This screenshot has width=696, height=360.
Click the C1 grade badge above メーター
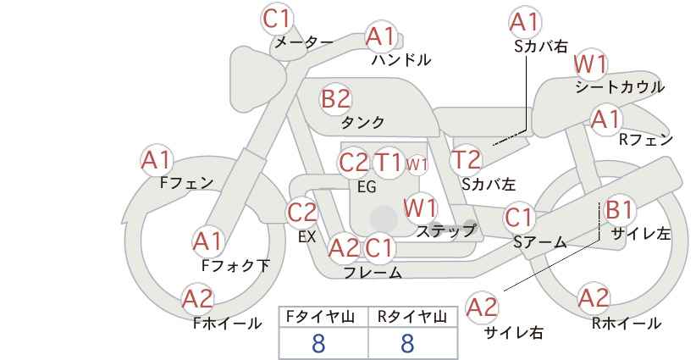tap(277, 19)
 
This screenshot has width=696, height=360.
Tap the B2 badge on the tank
tap(335, 98)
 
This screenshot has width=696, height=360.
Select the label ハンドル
tap(401, 59)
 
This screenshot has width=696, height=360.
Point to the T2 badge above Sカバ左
tap(466, 160)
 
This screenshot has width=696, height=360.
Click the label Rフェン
tap(646, 140)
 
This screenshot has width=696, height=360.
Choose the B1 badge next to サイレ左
tap(619, 209)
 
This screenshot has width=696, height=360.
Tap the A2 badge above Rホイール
tap(594, 298)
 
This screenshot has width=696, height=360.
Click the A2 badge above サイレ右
tap(482, 307)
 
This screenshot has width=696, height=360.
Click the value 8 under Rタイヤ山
tap(407, 343)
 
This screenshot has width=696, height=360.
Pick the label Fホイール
tap(227, 324)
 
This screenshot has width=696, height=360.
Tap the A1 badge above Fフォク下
tap(207, 242)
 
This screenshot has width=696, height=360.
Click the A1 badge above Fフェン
tap(157, 160)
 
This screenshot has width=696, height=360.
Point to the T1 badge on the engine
tap(388, 163)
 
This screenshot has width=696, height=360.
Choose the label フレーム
tap(373, 273)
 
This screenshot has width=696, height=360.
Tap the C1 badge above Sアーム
tap(519, 218)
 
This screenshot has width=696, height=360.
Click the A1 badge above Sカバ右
tap(525, 22)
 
